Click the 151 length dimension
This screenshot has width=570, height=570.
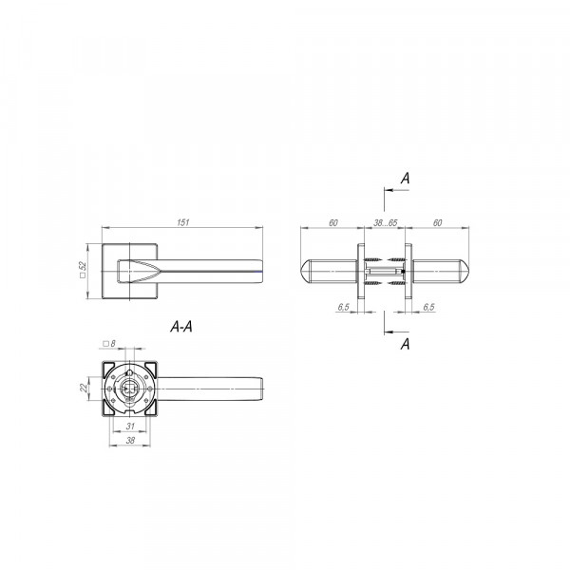click(x=182, y=222)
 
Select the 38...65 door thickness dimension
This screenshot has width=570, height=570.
click(x=386, y=223)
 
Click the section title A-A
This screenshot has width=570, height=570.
click(x=181, y=327)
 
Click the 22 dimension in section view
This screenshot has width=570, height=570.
click(x=84, y=388)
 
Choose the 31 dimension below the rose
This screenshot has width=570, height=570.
click(x=130, y=426)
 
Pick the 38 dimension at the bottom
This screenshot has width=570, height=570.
click(x=130, y=440)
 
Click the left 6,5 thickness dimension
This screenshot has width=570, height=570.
click(x=343, y=307)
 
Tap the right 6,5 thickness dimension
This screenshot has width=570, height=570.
click(x=429, y=307)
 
